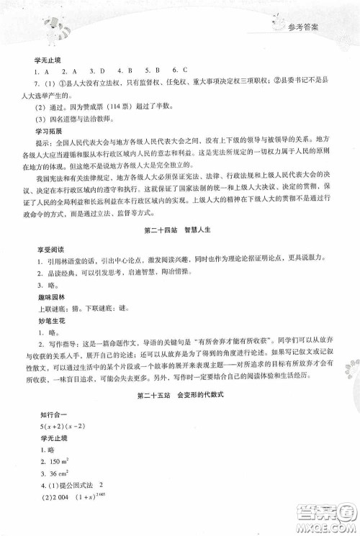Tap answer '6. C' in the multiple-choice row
click(x=181, y=73)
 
